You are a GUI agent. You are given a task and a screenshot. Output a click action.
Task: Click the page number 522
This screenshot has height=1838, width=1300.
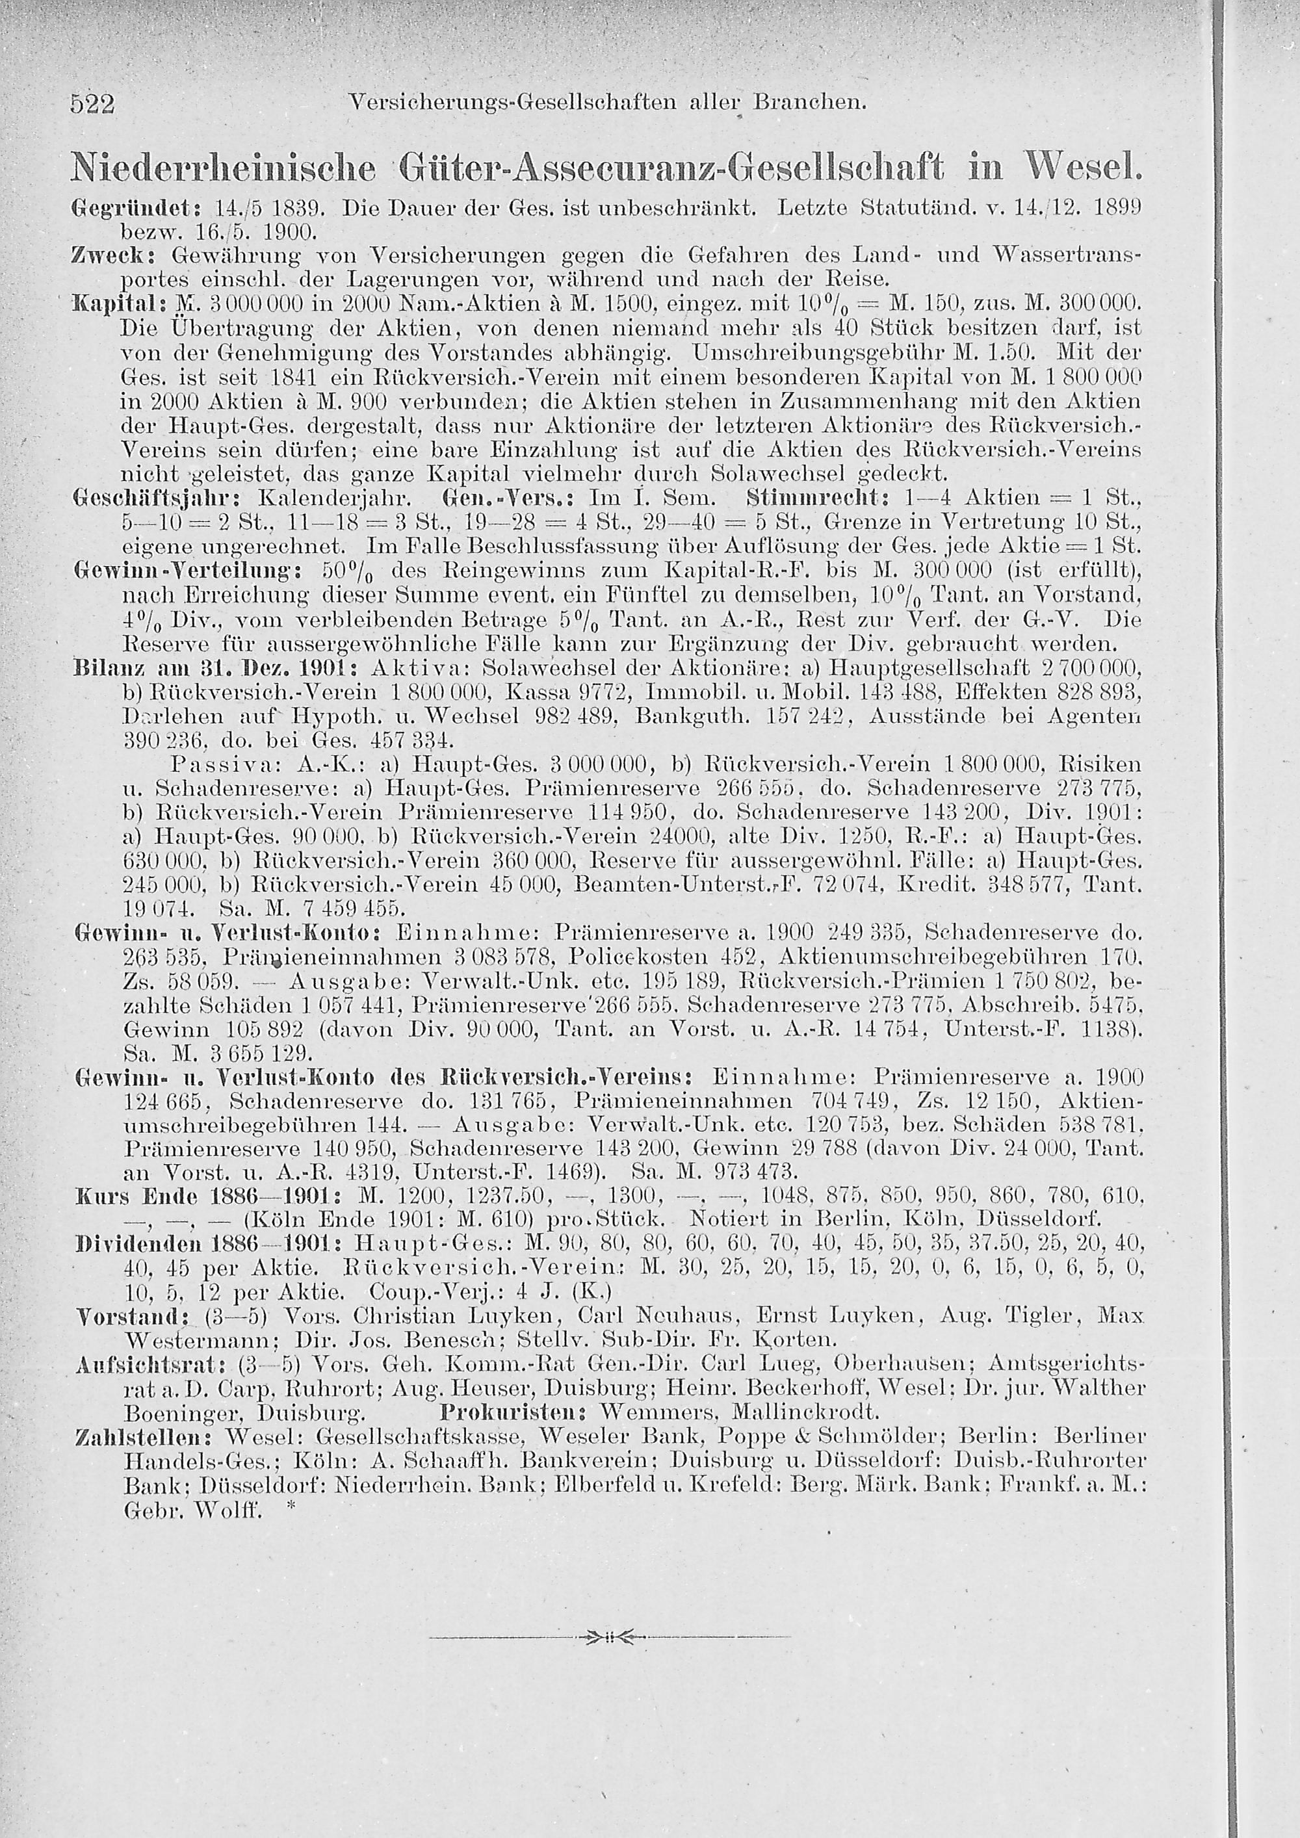94,104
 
